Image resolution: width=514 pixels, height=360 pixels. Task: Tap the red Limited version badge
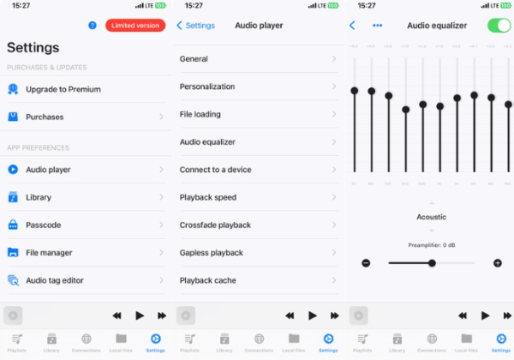135,26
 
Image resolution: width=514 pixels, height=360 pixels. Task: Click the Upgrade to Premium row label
63,89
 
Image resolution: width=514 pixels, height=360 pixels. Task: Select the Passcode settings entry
44,225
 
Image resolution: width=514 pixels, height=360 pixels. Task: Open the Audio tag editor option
55,280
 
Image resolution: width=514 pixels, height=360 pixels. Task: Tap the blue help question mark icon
93,26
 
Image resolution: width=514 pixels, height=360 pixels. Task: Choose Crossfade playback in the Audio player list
215,225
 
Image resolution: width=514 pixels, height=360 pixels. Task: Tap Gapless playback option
212,253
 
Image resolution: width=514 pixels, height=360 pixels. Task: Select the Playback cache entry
208,280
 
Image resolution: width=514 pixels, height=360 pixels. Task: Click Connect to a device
215,170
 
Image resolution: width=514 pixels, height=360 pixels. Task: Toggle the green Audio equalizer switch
499,26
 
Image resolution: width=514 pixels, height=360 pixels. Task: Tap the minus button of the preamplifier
366,262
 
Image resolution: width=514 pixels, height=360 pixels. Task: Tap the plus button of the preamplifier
498,262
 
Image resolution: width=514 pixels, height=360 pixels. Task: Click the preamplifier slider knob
432,262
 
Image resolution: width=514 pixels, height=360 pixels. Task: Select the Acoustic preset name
432,217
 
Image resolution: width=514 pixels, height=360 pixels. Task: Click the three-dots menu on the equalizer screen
378,26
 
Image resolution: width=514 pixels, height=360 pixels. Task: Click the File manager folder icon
13,253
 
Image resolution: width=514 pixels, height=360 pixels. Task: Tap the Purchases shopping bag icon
13,117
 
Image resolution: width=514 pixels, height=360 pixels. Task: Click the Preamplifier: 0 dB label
432,245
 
